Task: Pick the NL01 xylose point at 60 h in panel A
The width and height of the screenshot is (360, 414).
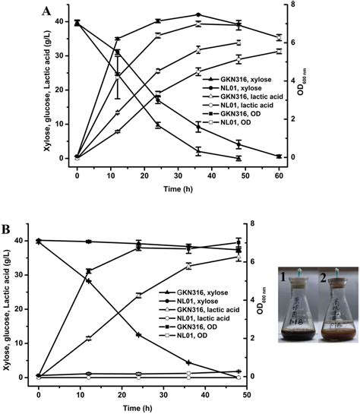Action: [x=279, y=156]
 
